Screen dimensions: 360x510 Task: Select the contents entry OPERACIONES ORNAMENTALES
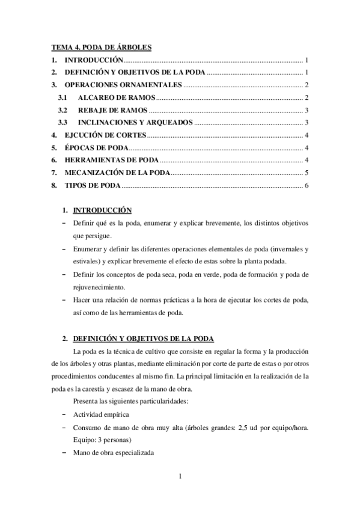pyautogui.click(x=123, y=85)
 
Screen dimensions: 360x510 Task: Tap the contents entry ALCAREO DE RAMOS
pyautogui.click(x=117, y=97)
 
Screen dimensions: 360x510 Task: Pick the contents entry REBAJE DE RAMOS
pyautogui.click(x=112, y=110)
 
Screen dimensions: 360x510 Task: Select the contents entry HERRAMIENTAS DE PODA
pyautogui.click(x=111, y=160)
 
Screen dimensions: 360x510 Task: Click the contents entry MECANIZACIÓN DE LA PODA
pyautogui.click(x=117, y=173)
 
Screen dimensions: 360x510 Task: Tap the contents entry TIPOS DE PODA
pyautogui.click(x=93, y=185)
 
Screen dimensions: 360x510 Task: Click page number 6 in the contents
pyautogui.click(x=307, y=185)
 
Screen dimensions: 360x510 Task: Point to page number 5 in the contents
pyautogui.click(x=307, y=173)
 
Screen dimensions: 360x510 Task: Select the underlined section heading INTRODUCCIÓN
pyautogui.click(x=102, y=210)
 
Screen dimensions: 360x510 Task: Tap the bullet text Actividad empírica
pyautogui.click(x=100, y=415)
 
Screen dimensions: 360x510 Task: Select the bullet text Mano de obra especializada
pyautogui.click(x=114, y=452)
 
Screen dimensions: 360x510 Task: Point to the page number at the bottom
pyautogui.click(x=180, y=478)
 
